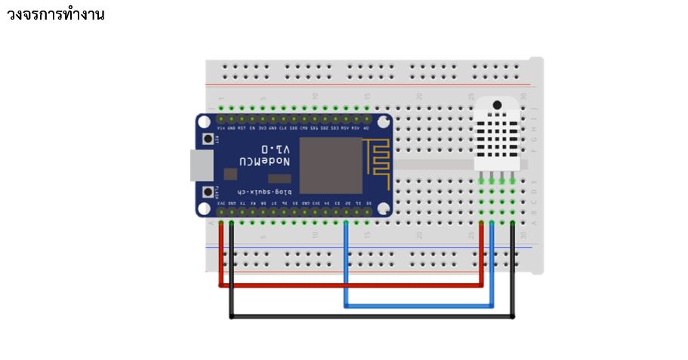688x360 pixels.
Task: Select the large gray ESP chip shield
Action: pos(331,165)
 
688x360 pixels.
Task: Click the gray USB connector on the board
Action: pos(201,165)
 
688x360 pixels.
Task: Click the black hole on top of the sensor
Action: pos(497,105)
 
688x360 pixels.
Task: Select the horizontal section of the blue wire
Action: pos(419,306)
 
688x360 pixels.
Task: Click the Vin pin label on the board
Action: pos(221,128)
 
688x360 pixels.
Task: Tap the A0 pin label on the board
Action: pos(366,128)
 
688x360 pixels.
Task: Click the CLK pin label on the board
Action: pos(283,128)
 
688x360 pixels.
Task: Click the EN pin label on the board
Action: pos(252,128)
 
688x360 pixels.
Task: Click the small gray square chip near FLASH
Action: pos(230,174)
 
